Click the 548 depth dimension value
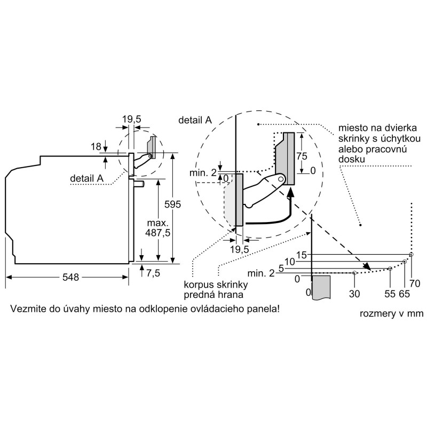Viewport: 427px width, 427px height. tap(70, 277)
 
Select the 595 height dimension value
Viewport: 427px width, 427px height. tap(172, 204)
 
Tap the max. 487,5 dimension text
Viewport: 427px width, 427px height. tap(157, 228)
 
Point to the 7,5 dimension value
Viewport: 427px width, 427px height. tap(153, 273)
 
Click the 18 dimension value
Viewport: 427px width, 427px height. tap(96, 147)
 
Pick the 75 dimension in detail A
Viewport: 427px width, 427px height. tap(302, 156)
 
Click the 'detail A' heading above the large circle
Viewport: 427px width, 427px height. tap(195, 120)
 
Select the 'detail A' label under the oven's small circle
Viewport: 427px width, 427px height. tap(86, 178)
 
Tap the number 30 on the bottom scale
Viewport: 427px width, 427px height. tap(354, 294)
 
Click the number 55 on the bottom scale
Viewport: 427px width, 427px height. tap(390, 294)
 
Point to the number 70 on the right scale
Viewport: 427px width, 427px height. tap(415, 283)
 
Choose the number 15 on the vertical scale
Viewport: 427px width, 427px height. tap(302, 255)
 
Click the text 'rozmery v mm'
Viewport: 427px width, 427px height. tap(392, 314)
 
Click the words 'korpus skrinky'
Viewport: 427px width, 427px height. tap(216, 285)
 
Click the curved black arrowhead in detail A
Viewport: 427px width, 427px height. tap(291, 192)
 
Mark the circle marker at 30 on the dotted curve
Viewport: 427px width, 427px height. tap(354, 273)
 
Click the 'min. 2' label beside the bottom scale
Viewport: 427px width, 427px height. tap(261, 273)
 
